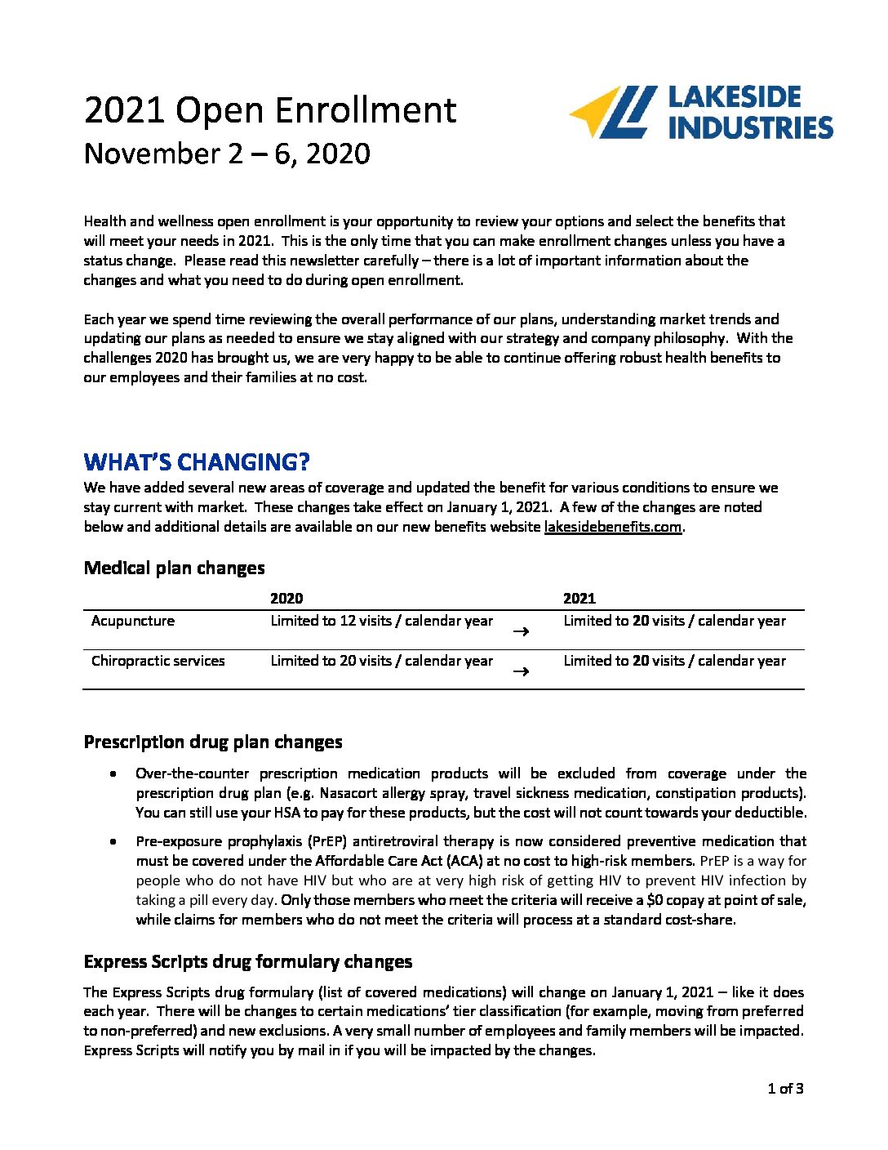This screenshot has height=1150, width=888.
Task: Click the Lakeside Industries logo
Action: [x=700, y=112]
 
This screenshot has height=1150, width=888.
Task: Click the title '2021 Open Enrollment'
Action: [x=269, y=111]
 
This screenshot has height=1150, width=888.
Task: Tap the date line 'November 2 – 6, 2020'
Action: [x=227, y=154]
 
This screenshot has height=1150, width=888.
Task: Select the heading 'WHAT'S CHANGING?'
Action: [x=197, y=462]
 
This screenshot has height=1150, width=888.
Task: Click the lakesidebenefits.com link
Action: [x=612, y=527]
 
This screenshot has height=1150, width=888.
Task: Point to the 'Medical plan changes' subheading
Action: [x=174, y=568]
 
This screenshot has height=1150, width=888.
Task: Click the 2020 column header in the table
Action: [x=286, y=598]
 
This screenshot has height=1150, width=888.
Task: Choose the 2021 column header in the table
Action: [x=579, y=598]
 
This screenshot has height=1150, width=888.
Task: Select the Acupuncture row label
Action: [x=133, y=621]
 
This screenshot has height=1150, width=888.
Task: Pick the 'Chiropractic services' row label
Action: [x=158, y=661]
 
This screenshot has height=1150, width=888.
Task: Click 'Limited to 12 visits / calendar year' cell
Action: [x=381, y=621]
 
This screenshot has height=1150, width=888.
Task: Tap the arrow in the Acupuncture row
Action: [x=521, y=631]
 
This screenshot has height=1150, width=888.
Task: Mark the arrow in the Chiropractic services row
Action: [x=521, y=671]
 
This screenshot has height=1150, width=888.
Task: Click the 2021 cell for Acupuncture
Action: [x=674, y=621]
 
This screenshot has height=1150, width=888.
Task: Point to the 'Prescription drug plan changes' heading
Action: [x=213, y=742]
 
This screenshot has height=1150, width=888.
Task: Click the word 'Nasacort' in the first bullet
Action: [x=349, y=793]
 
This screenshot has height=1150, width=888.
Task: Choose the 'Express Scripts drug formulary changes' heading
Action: [x=248, y=962]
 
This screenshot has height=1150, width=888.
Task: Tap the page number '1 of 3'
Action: [x=785, y=1088]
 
